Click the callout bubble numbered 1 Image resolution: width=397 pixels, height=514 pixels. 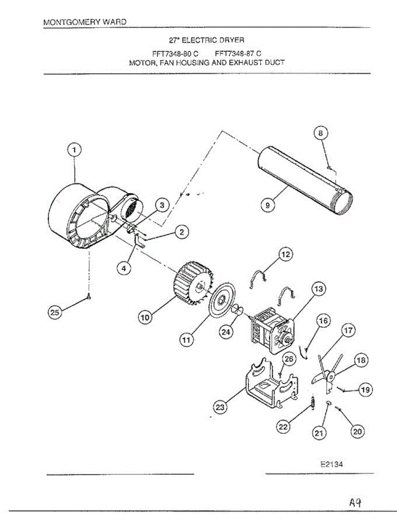tap(75, 150)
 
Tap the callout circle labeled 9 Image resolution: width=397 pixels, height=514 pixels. tap(267, 205)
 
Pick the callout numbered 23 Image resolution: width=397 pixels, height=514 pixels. tap(220, 408)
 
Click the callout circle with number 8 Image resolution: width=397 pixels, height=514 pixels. tap(321, 134)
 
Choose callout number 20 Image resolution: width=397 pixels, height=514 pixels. tap(357, 432)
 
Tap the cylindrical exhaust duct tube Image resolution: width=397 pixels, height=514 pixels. tap(304, 176)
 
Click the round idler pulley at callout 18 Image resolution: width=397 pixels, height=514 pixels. tap(331, 377)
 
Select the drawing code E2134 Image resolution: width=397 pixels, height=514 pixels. tap(331, 464)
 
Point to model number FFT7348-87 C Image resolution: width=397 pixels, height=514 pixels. tap(238, 53)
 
